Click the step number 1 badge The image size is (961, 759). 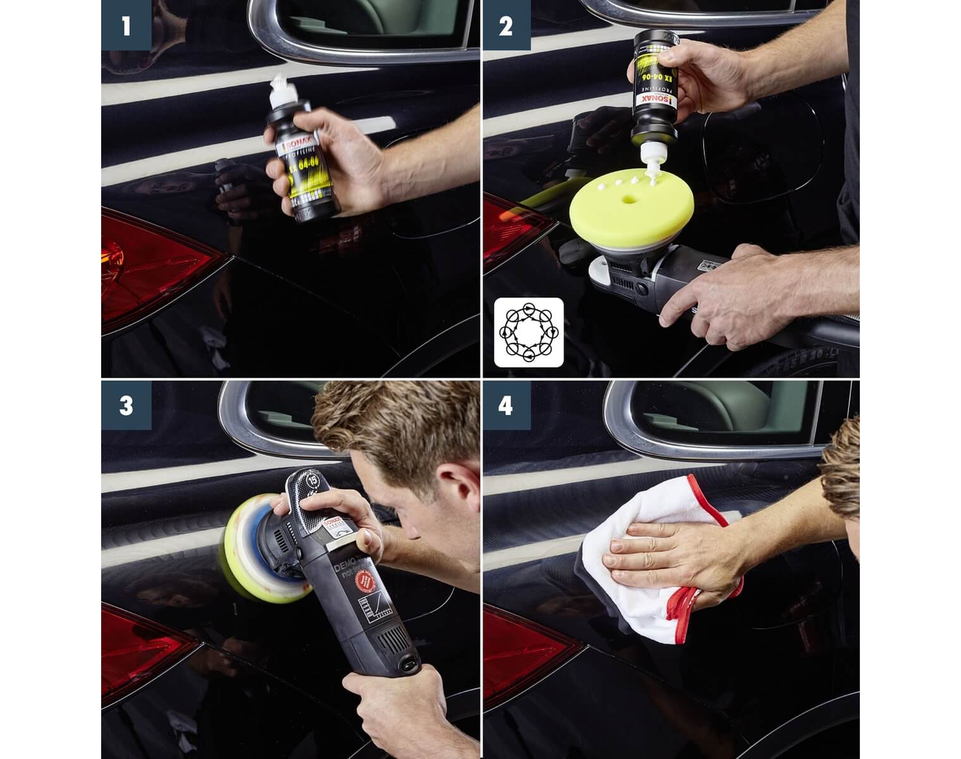pos(126,25)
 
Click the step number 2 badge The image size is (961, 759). pos(506,25)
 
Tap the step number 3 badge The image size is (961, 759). pos(126,405)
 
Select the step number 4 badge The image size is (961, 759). pos(506,405)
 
